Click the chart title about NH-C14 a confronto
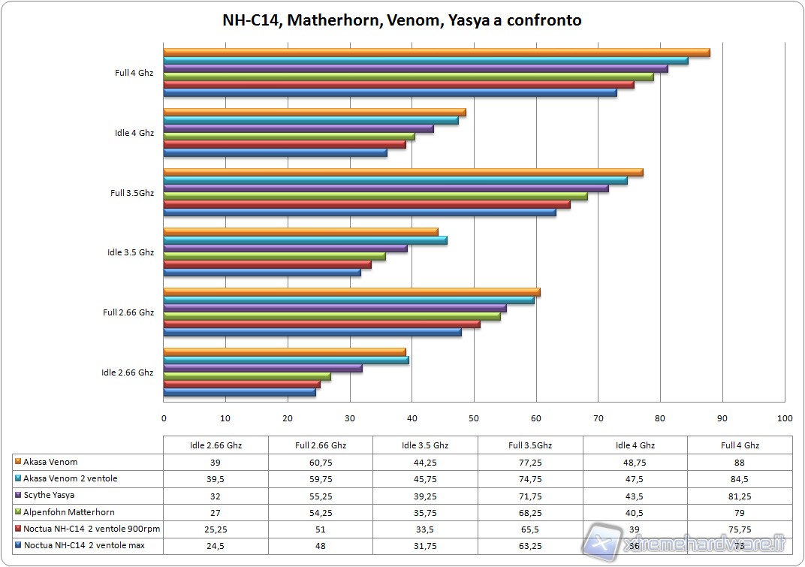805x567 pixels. click(402, 20)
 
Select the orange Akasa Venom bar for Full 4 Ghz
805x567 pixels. click(436, 53)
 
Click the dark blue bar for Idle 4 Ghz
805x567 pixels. click(275, 152)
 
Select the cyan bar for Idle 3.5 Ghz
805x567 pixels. click(305, 240)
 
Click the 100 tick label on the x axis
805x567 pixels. click(784, 418)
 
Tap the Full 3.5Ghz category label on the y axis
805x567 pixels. click(132, 193)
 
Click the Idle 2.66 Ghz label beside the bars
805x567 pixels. click(128, 372)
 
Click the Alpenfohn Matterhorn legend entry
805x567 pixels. click(68, 511)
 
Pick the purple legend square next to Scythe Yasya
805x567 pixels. click(17, 496)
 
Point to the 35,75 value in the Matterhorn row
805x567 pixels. click(425, 511)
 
